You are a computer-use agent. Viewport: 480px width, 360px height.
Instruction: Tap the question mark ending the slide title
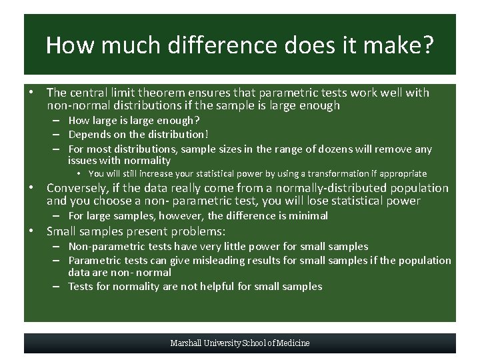427,45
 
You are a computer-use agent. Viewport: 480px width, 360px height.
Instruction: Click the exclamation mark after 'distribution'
207,135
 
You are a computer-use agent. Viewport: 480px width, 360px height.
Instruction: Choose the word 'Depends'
89,135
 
